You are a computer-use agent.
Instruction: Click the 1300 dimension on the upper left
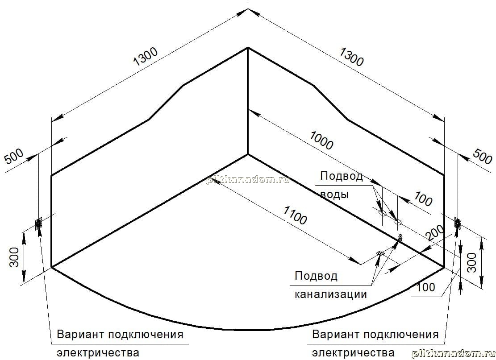point(146,57)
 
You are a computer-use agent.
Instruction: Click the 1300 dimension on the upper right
point(351,57)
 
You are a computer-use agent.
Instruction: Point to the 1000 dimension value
point(321,141)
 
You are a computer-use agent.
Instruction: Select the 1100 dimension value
point(295,215)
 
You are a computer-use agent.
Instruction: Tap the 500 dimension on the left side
point(14,157)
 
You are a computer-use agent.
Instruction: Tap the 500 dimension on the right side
point(482,157)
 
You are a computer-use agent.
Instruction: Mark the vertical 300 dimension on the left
point(14,257)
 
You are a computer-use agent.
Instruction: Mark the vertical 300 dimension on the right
point(471,262)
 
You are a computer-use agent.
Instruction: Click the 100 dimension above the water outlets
point(423,199)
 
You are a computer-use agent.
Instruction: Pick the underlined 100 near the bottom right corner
point(426,287)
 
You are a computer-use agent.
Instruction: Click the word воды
point(334,194)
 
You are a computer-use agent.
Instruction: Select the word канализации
point(331,294)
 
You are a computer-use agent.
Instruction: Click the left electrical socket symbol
point(38,223)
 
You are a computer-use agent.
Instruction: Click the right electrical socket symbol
point(458,223)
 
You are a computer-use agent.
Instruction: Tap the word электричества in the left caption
point(98,352)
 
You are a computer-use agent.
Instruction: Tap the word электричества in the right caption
point(353,352)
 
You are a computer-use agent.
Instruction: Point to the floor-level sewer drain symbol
point(379,253)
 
